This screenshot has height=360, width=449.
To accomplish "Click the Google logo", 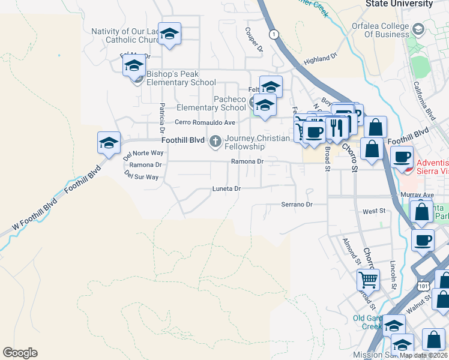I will [x=20, y=353].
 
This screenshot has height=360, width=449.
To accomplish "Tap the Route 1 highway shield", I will [x=274, y=34].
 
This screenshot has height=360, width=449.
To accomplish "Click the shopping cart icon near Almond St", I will [x=368, y=279].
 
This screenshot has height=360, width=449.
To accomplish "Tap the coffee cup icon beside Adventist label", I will [x=402, y=157].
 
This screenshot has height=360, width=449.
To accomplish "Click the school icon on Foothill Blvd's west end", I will [x=109, y=143].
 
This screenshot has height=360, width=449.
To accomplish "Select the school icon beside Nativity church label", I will [x=170, y=34].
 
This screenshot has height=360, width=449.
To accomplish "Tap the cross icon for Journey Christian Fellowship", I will [x=215, y=142].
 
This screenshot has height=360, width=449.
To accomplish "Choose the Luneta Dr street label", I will [x=226, y=188].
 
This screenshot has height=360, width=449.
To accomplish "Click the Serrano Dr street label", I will [x=297, y=205].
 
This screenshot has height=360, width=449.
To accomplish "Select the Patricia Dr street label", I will [x=162, y=118].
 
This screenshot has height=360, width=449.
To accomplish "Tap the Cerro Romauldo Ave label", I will [x=205, y=122].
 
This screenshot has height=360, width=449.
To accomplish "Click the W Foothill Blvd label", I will [x=33, y=215].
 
